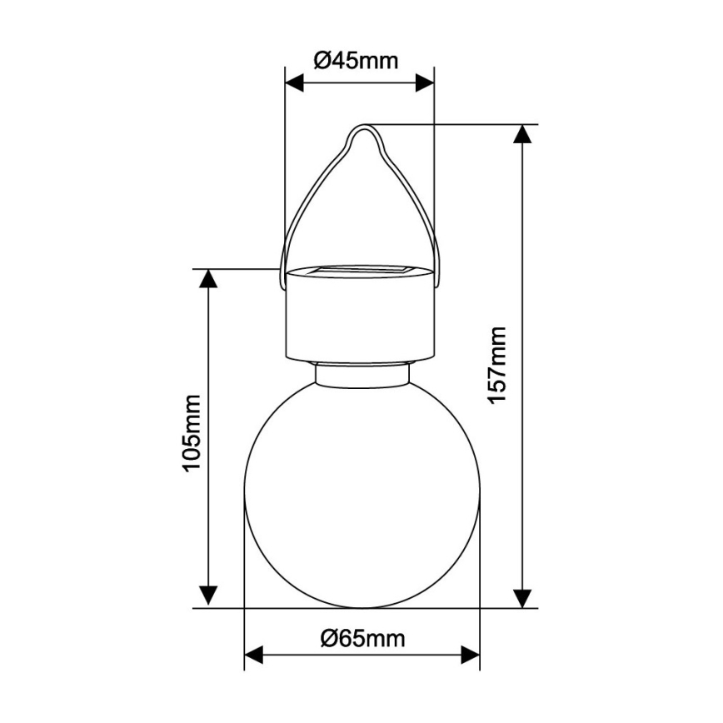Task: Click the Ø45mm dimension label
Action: [x=356, y=60]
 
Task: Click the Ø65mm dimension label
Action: [x=362, y=639]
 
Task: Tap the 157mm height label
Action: [x=497, y=364]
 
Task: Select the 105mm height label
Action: [x=192, y=432]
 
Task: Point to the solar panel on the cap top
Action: [x=360, y=272]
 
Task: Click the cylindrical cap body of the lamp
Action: [x=360, y=321]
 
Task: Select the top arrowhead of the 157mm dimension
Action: [x=522, y=136]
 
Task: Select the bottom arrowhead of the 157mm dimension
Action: [x=522, y=597]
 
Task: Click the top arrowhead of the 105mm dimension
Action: [x=207, y=280]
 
